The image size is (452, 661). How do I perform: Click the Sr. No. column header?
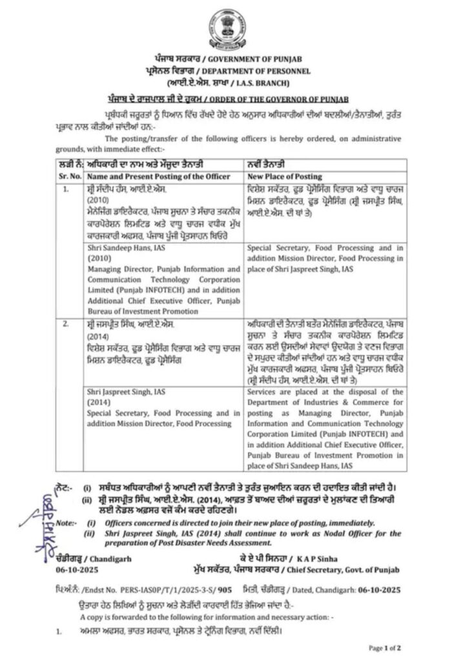(x=70, y=175)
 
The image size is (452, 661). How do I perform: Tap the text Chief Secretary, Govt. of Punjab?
(x=352, y=569)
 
